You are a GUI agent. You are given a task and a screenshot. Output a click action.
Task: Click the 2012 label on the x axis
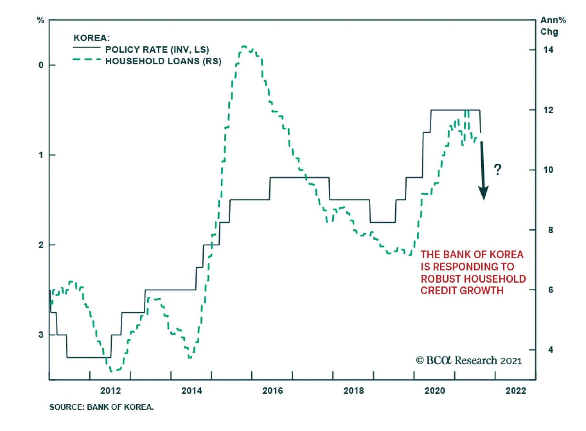pyautogui.click(x=110, y=391)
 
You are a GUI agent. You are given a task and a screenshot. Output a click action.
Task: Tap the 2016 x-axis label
pyautogui.click(x=272, y=391)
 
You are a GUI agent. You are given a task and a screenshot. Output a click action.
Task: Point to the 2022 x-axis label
pyautogui.click(x=516, y=391)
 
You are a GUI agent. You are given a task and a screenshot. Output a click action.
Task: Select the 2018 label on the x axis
pyautogui.click(x=353, y=391)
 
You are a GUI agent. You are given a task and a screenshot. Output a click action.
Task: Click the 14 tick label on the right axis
pyautogui.click(x=548, y=50)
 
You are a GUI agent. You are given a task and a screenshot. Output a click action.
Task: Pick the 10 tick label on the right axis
pyautogui.click(x=548, y=170)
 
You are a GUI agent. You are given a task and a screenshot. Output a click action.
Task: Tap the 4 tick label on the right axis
pyautogui.click(x=550, y=350)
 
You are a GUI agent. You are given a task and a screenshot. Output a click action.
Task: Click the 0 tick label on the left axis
pyautogui.click(x=41, y=65)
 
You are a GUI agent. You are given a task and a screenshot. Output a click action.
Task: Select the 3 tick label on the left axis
pyautogui.click(x=41, y=335)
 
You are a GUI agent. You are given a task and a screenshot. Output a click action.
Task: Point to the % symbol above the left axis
pyautogui.click(x=41, y=20)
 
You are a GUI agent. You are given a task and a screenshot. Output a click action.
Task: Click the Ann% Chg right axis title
pyautogui.click(x=553, y=26)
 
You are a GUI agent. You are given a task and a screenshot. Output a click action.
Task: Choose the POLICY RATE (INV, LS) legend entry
pyautogui.click(x=157, y=49)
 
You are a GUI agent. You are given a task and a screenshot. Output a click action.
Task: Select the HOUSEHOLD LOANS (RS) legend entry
pyautogui.click(x=163, y=61)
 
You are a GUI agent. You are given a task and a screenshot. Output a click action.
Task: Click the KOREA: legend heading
pyautogui.click(x=92, y=38)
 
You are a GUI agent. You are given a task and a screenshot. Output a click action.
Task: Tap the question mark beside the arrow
pyautogui.click(x=497, y=170)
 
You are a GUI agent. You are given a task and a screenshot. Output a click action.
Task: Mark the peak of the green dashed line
pyautogui.click(x=244, y=47)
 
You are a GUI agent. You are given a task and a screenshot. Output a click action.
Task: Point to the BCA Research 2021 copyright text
pyautogui.click(x=469, y=361)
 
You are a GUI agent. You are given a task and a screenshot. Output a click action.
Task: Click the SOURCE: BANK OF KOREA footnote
pyautogui.click(x=101, y=407)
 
